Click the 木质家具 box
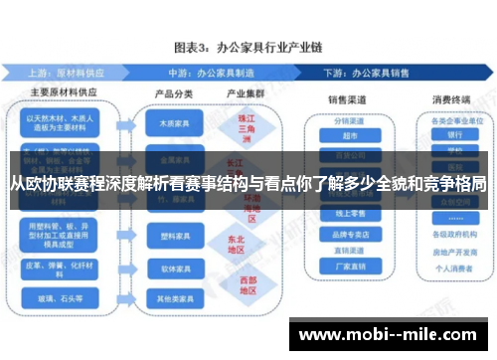tap(167, 125)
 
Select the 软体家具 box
tap(167, 269)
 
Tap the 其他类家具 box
tap(167, 296)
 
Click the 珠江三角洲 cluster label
tap(236, 127)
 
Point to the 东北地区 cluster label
tap(236, 245)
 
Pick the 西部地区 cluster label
tap(236, 286)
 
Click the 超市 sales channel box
tap(349, 135)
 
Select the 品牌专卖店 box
tap(349, 235)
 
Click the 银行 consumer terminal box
tap(455, 134)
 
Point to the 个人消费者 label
tap(455, 268)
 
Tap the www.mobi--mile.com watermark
tap(393, 334)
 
